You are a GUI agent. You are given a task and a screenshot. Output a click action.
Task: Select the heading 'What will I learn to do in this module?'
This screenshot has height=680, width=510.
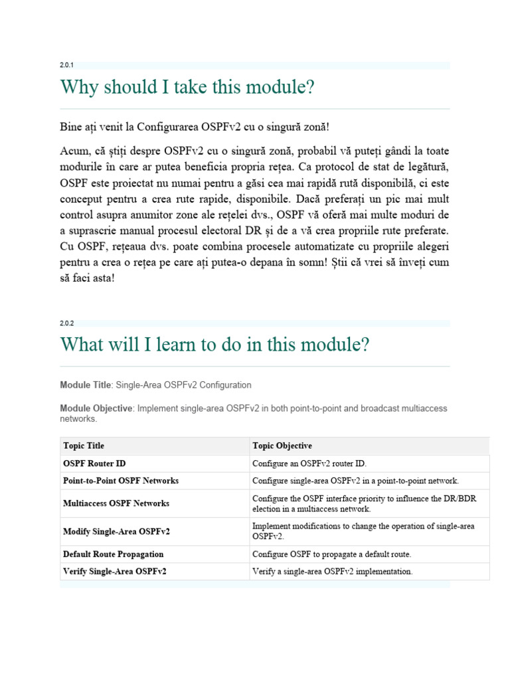pyautogui.click(x=214, y=345)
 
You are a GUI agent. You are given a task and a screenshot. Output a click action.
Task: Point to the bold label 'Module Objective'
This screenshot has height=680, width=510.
pyautogui.click(x=96, y=408)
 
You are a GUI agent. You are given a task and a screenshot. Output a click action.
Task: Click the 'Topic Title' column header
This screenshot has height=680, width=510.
pyautogui.click(x=84, y=446)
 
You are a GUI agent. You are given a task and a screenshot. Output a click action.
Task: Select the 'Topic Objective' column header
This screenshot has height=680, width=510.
pyautogui.click(x=282, y=446)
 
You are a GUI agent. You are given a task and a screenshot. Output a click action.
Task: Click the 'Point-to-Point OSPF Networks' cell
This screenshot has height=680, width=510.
pyautogui.click(x=121, y=481)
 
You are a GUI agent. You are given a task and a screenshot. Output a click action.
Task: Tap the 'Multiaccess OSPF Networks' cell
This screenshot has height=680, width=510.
pyautogui.click(x=116, y=503)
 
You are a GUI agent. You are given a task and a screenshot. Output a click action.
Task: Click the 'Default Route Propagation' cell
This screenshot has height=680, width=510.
pyautogui.click(x=114, y=554)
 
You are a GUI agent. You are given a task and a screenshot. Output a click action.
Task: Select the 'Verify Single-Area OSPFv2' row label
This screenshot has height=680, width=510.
pyautogui.click(x=115, y=571)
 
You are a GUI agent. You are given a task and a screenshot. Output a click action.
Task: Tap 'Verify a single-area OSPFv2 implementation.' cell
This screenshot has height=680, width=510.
pyautogui.click(x=333, y=571)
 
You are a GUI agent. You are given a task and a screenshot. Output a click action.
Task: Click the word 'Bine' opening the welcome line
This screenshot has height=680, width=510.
pyautogui.click(x=70, y=126)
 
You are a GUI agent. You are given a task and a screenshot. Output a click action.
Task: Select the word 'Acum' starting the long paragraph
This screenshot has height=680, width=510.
pyautogui.click(x=72, y=152)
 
